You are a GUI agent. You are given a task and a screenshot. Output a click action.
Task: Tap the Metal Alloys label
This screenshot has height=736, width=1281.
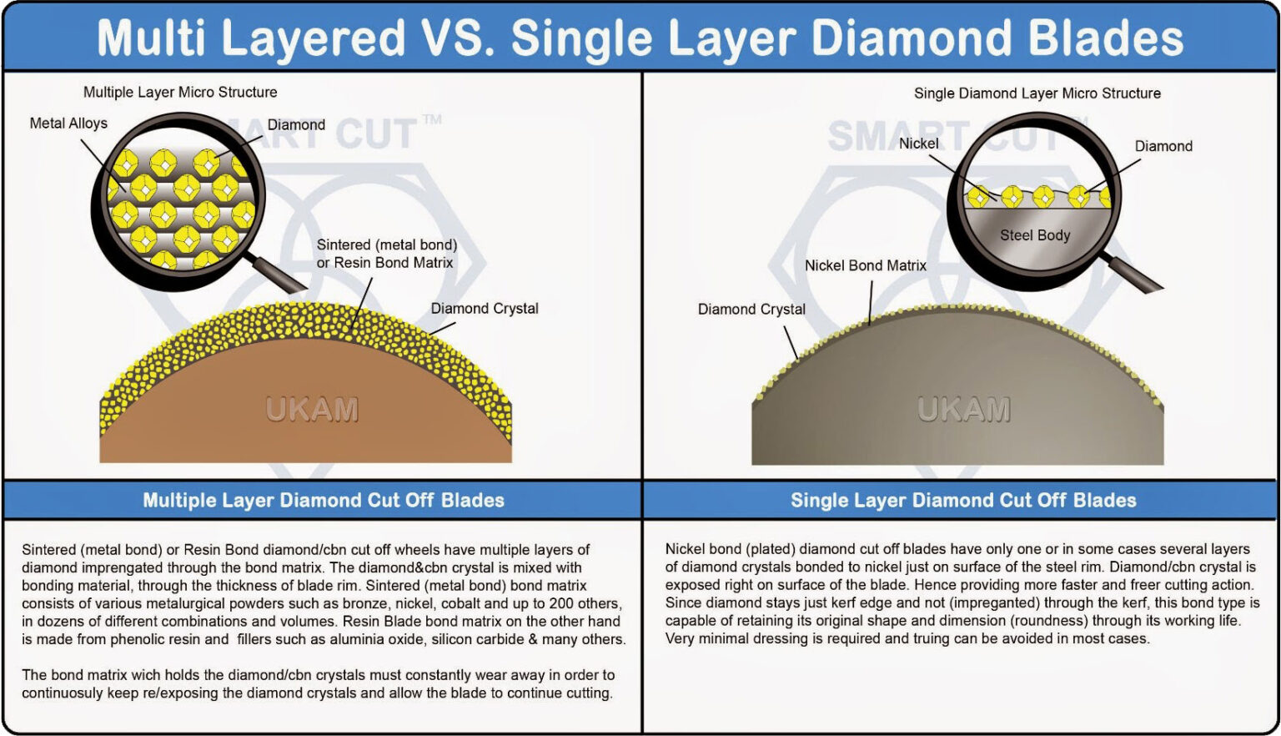click(68, 124)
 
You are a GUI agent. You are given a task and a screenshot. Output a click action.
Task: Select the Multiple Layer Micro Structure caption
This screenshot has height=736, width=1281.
click(180, 93)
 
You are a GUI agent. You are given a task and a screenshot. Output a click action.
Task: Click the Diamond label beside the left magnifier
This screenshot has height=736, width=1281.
click(296, 125)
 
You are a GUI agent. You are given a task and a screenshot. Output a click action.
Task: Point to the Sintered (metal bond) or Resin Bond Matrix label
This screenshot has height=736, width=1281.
click(386, 254)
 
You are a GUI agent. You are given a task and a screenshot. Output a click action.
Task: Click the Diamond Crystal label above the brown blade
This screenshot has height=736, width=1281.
click(485, 309)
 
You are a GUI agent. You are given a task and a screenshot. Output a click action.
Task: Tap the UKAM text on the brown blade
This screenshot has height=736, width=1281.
click(312, 410)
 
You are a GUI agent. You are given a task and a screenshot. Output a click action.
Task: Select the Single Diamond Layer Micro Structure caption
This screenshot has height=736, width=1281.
click(1037, 93)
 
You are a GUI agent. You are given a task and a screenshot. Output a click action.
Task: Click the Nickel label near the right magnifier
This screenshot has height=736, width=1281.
click(918, 144)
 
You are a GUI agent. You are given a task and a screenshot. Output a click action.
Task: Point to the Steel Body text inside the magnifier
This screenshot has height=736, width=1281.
click(1035, 235)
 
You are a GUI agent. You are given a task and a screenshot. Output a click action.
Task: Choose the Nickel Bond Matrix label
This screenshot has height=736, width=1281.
click(865, 265)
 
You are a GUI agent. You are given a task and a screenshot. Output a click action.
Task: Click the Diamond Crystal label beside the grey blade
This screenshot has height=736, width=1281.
click(751, 310)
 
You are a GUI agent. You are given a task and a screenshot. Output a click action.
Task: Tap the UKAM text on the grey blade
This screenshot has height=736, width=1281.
click(963, 410)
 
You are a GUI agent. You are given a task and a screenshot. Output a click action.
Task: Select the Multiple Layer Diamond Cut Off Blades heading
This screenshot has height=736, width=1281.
click(324, 501)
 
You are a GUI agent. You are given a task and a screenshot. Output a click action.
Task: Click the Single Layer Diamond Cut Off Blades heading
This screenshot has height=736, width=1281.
click(963, 501)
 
